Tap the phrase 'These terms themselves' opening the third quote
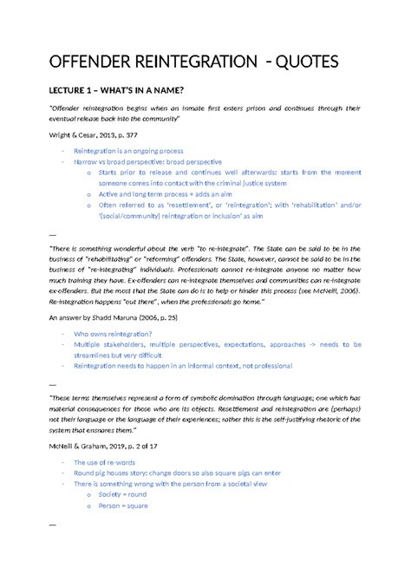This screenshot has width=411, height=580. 90,399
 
